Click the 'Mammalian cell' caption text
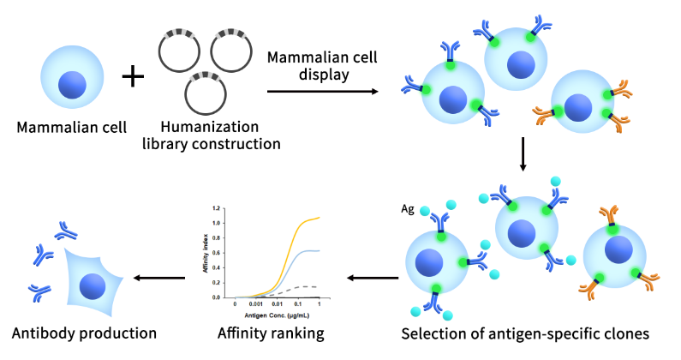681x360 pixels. (x=72, y=128)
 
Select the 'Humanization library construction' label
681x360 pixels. (x=212, y=135)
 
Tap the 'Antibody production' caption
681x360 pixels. (x=82, y=333)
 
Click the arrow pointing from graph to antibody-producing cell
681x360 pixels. (x=161, y=276)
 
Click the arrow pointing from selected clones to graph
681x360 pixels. (x=372, y=276)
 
